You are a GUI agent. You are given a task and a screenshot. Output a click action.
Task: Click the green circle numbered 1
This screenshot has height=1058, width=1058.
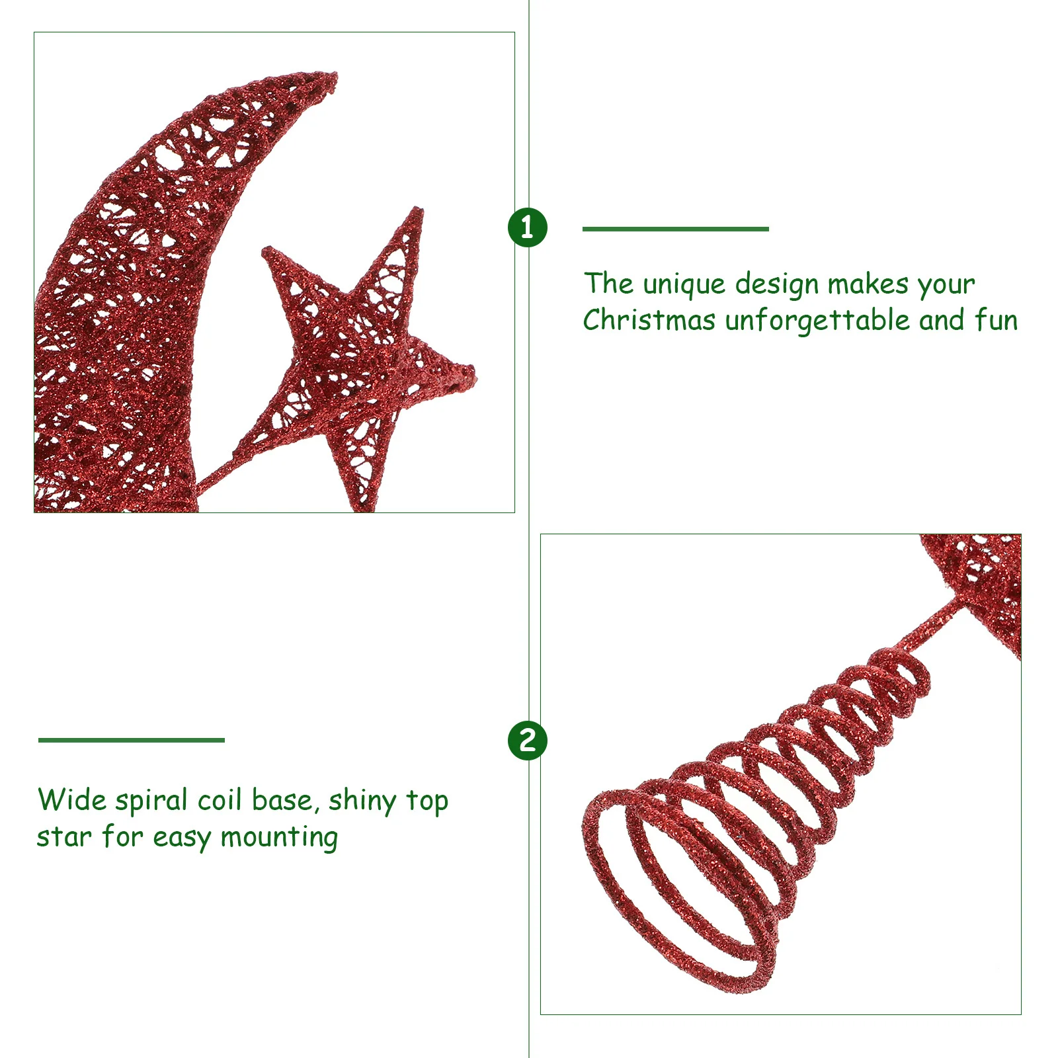point(527,227)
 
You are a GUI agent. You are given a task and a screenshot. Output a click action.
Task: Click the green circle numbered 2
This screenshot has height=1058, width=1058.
point(527,739)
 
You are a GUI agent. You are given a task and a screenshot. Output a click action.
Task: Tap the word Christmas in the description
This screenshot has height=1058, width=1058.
point(649,321)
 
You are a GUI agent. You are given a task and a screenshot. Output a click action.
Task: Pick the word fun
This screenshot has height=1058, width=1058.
point(996,321)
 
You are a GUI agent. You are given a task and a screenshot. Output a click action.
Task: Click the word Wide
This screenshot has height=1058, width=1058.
point(71,800)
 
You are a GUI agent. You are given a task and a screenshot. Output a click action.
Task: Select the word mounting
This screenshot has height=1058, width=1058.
point(279,838)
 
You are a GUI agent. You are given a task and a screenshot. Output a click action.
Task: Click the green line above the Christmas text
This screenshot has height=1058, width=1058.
point(675,229)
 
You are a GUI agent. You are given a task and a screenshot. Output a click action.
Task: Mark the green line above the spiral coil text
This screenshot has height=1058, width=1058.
point(132,740)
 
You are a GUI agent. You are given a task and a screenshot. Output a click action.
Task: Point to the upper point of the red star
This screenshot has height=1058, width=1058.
point(417,212)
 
